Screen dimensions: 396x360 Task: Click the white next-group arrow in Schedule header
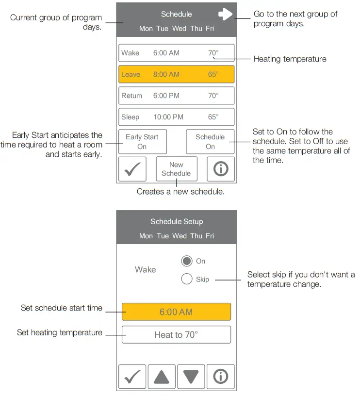tap(226, 14)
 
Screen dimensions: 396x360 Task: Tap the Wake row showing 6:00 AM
tap(176, 53)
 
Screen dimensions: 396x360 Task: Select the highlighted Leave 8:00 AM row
tap(176, 74)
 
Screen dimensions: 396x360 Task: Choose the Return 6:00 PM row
tap(176, 96)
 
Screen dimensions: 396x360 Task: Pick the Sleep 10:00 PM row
tap(176, 117)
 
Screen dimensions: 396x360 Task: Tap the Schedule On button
tap(210, 142)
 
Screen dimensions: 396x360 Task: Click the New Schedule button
tap(176, 169)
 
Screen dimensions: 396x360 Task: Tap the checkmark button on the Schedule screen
tap(132, 169)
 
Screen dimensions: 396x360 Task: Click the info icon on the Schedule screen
tap(221, 169)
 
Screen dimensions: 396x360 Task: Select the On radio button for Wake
tap(187, 261)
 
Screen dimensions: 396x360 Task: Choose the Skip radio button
tap(187, 279)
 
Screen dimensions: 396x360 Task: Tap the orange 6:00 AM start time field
tap(176, 312)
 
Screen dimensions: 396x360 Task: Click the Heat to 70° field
tap(176, 335)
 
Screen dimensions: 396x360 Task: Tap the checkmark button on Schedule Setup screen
tap(132, 377)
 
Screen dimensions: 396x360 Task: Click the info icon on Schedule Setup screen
tap(221, 377)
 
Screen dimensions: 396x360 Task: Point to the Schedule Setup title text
tap(177, 222)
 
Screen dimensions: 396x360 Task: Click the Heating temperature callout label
tap(290, 59)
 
